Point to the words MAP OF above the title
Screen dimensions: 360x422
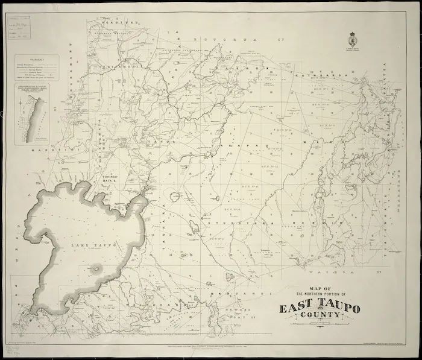(x=320, y=288)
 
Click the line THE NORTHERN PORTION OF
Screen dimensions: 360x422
(x=320, y=295)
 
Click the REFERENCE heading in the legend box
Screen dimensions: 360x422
(x=37, y=60)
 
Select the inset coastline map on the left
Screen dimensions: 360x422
(x=36, y=115)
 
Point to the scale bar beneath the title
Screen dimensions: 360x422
(x=320, y=330)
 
